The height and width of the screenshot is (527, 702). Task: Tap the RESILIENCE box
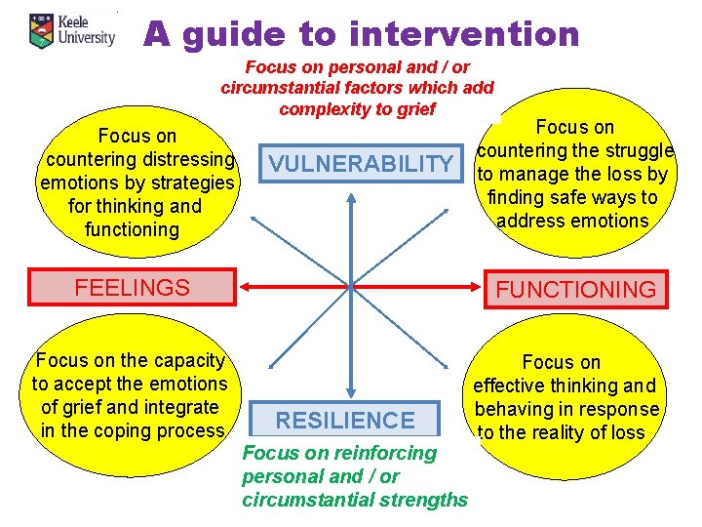click(x=345, y=421)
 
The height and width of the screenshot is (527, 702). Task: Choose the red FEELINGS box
click(x=133, y=287)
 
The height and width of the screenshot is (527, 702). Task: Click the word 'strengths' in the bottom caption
click(x=422, y=501)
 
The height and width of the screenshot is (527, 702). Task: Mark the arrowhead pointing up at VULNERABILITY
click(x=350, y=193)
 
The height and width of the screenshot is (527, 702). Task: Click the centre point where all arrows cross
click(x=350, y=287)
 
